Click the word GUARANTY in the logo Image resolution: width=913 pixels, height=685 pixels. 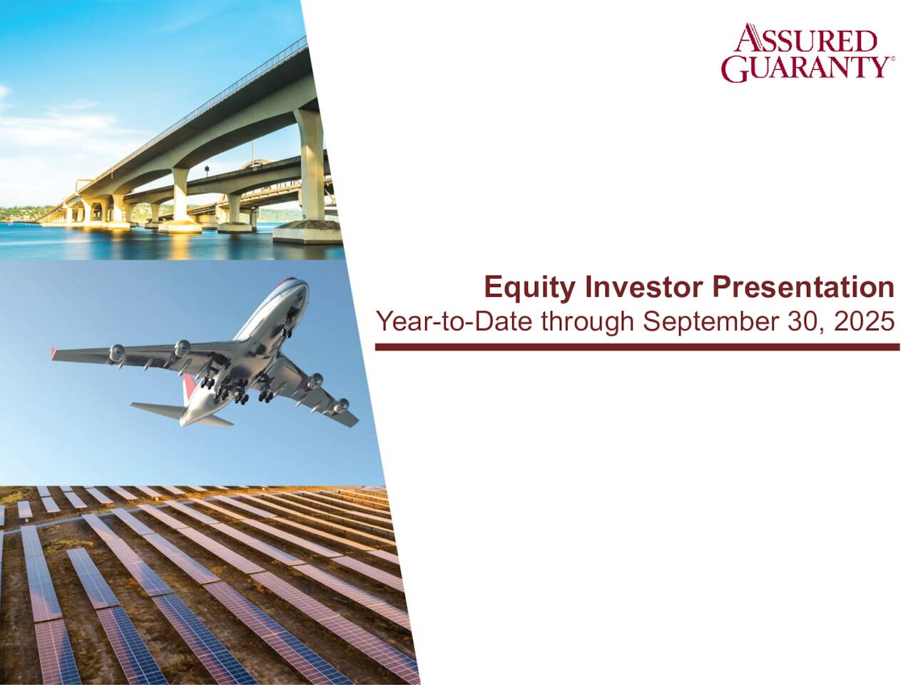[x=803, y=67]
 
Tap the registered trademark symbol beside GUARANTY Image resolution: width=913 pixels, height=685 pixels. [x=892, y=60]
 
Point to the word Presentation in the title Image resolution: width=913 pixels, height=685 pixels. [x=802, y=288]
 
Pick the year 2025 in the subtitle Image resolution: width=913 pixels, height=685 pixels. [x=864, y=322]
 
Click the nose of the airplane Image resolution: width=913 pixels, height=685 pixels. [x=300, y=285]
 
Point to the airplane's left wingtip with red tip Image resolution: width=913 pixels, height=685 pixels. [x=53, y=352]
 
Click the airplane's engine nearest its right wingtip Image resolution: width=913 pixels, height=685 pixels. [x=341, y=406]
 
